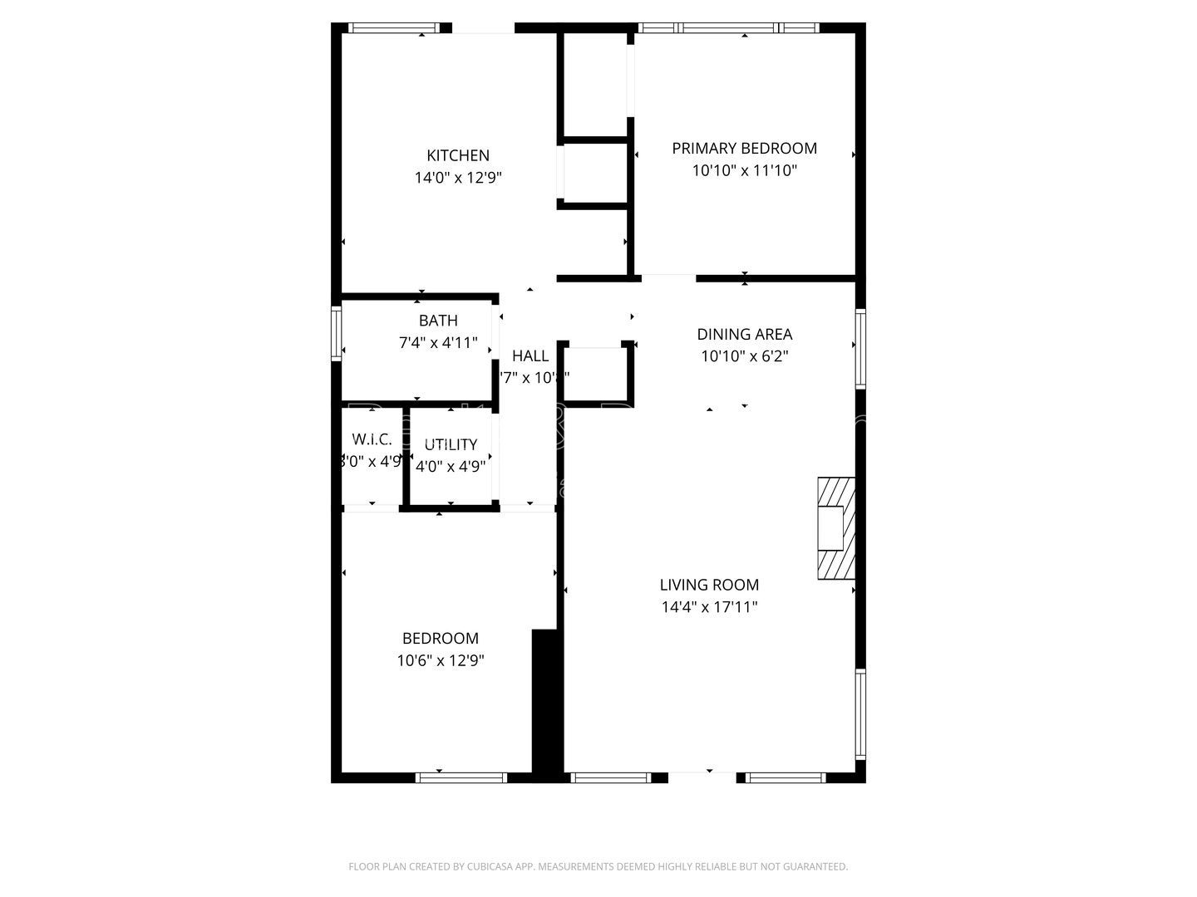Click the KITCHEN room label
coord(458,155)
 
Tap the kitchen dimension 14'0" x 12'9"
coord(458,177)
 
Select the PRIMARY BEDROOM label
coord(744,149)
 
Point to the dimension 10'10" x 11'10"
coord(744,170)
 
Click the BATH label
coord(438,321)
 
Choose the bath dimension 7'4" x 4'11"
coord(438,342)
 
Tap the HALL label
coord(530,356)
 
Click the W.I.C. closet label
coord(372,439)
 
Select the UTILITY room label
coord(451,444)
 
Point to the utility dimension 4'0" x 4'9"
coord(451,466)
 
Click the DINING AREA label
coord(744,335)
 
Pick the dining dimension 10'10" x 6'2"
coord(744,356)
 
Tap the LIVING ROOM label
coord(709,585)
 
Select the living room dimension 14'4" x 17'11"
coord(709,607)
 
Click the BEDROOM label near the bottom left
coord(441,639)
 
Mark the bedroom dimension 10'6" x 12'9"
coord(441,661)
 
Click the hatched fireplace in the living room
coord(836,527)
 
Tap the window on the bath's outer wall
coord(337,333)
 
